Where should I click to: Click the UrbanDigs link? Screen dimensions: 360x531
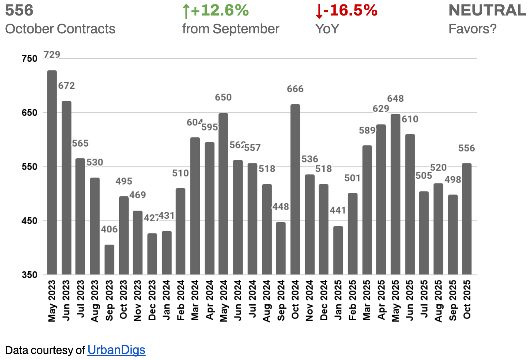point(116,350)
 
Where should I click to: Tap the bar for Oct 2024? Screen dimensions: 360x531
point(295,189)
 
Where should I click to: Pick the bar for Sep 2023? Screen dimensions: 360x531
point(109,260)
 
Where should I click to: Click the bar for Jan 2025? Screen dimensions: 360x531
point(338,250)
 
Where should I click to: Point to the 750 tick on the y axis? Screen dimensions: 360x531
point(29,59)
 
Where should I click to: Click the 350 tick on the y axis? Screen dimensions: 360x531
point(29,275)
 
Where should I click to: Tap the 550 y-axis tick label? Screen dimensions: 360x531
point(29,167)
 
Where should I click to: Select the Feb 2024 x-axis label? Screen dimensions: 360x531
point(181,300)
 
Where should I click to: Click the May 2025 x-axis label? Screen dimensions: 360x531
point(395,301)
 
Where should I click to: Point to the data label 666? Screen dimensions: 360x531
point(295,89)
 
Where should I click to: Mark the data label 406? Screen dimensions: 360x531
point(109,229)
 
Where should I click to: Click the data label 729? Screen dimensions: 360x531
point(52,54)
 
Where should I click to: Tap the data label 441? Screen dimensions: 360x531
point(338,210)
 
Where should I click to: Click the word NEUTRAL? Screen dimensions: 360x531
point(487,10)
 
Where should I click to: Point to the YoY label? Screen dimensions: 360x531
point(327,29)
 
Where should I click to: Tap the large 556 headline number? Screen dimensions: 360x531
point(19,10)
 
